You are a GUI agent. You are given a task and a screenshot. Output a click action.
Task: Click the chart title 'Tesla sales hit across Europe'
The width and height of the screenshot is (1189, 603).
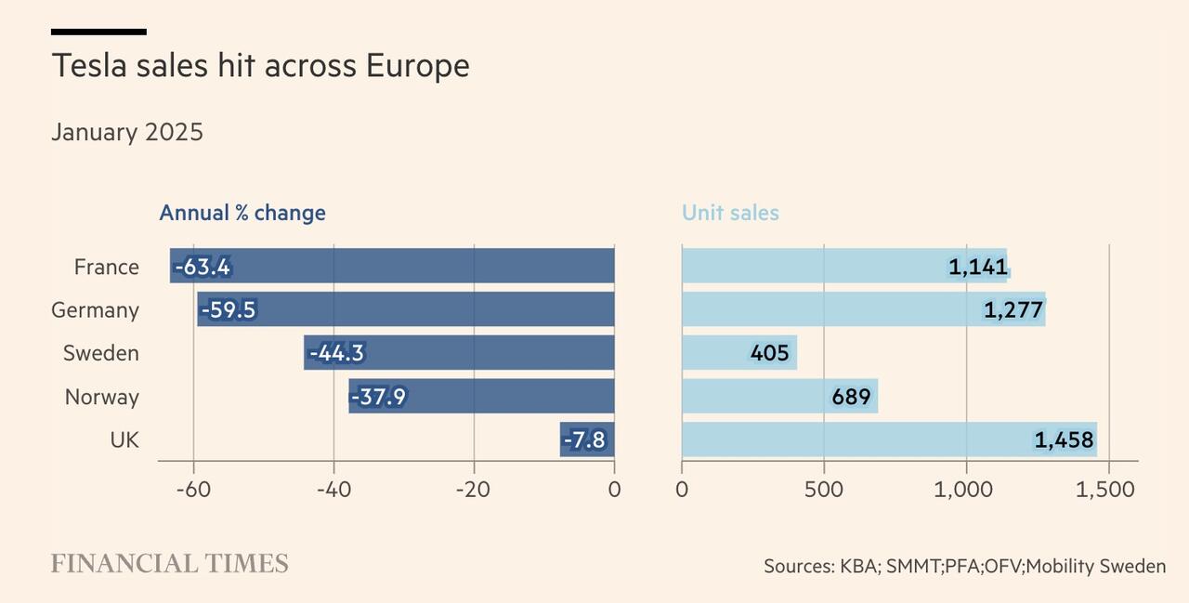pyautogui.click(x=260, y=66)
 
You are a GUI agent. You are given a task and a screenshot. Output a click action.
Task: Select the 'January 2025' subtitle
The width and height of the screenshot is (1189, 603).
pyautogui.click(x=127, y=132)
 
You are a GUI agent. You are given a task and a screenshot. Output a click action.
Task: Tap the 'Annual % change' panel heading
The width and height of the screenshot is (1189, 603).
pyautogui.click(x=242, y=213)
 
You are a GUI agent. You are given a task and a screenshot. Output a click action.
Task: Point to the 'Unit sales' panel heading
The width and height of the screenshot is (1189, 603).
pyautogui.click(x=730, y=213)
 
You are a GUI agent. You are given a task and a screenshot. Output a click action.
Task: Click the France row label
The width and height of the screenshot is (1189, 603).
pyautogui.click(x=107, y=267)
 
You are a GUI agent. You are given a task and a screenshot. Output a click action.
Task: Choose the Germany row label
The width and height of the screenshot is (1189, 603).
pyautogui.click(x=95, y=310)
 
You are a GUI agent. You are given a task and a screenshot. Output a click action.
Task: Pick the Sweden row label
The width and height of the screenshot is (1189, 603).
pyautogui.click(x=101, y=353)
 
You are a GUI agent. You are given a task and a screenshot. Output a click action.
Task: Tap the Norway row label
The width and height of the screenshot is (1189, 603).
pyautogui.click(x=102, y=397)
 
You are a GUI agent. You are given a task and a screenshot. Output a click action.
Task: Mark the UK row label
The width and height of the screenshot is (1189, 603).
pyautogui.click(x=124, y=439)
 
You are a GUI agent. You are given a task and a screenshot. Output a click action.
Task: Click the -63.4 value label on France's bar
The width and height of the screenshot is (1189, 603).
pyautogui.click(x=203, y=267)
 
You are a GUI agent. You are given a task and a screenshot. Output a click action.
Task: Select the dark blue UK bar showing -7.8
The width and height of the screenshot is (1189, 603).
pyautogui.click(x=587, y=439)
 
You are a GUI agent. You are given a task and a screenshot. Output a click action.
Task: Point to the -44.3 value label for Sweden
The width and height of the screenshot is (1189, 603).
pyautogui.click(x=336, y=353)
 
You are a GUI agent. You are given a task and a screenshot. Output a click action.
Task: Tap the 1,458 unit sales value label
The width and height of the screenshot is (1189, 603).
pyautogui.click(x=1064, y=439)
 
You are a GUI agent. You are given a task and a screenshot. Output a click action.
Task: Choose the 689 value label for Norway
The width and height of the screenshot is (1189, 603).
pyautogui.click(x=851, y=397)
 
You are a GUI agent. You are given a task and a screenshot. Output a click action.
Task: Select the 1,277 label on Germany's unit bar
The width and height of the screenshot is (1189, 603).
pyautogui.click(x=1013, y=310)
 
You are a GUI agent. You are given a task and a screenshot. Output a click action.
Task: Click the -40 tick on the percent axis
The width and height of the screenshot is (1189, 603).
pyautogui.click(x=333, y=489)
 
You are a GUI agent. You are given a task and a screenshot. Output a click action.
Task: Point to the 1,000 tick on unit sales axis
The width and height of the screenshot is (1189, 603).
pyautogui.click(x=966, y=489)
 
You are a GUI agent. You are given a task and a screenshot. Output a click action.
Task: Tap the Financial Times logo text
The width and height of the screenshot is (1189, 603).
pyautogui.click(x=169, y=564)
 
